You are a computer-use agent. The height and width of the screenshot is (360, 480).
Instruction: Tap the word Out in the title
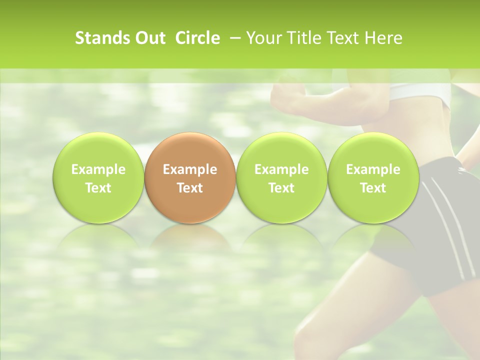pos(148,38)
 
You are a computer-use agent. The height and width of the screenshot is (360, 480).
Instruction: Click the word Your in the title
pos(262,38)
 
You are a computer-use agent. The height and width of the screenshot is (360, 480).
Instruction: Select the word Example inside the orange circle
pos(190,169)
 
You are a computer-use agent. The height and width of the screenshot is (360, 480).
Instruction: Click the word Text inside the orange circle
pos(190,188)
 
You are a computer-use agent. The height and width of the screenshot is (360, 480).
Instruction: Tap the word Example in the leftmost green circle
pos(98,169)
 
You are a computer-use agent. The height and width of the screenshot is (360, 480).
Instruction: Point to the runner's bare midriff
pos(430,130)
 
